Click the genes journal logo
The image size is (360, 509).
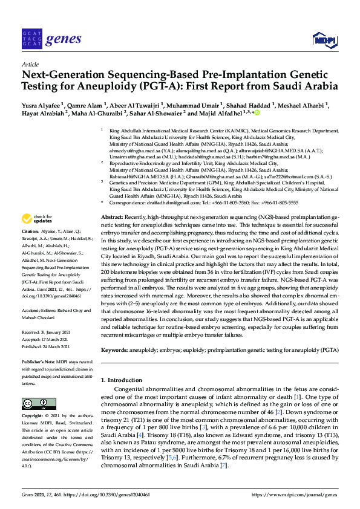point(51,39)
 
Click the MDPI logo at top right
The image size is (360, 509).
point(323,40)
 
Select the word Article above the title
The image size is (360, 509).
point(30,63)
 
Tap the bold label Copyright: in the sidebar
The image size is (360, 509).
point(33,417)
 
